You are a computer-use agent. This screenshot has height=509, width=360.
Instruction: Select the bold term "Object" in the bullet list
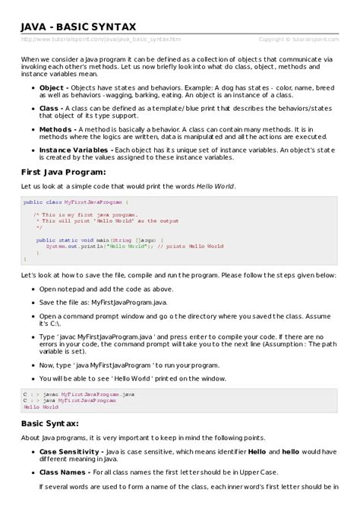[x=51, y=87]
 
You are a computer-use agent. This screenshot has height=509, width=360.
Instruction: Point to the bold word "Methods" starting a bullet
[x=54, y=130]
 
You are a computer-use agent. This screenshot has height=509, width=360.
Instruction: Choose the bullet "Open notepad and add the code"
[x=100, y=289]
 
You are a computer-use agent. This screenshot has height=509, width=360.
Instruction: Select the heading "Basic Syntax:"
[x=50, y=423]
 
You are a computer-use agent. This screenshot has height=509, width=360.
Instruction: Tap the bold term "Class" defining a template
[x=49, y=109]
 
